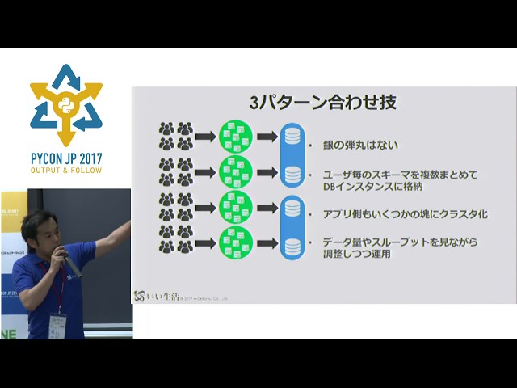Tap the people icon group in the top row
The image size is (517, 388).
pos(176,136)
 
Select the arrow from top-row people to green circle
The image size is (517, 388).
pos(206,136)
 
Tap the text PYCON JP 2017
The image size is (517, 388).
pos(66,159)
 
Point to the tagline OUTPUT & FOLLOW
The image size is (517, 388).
pos(66,172)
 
